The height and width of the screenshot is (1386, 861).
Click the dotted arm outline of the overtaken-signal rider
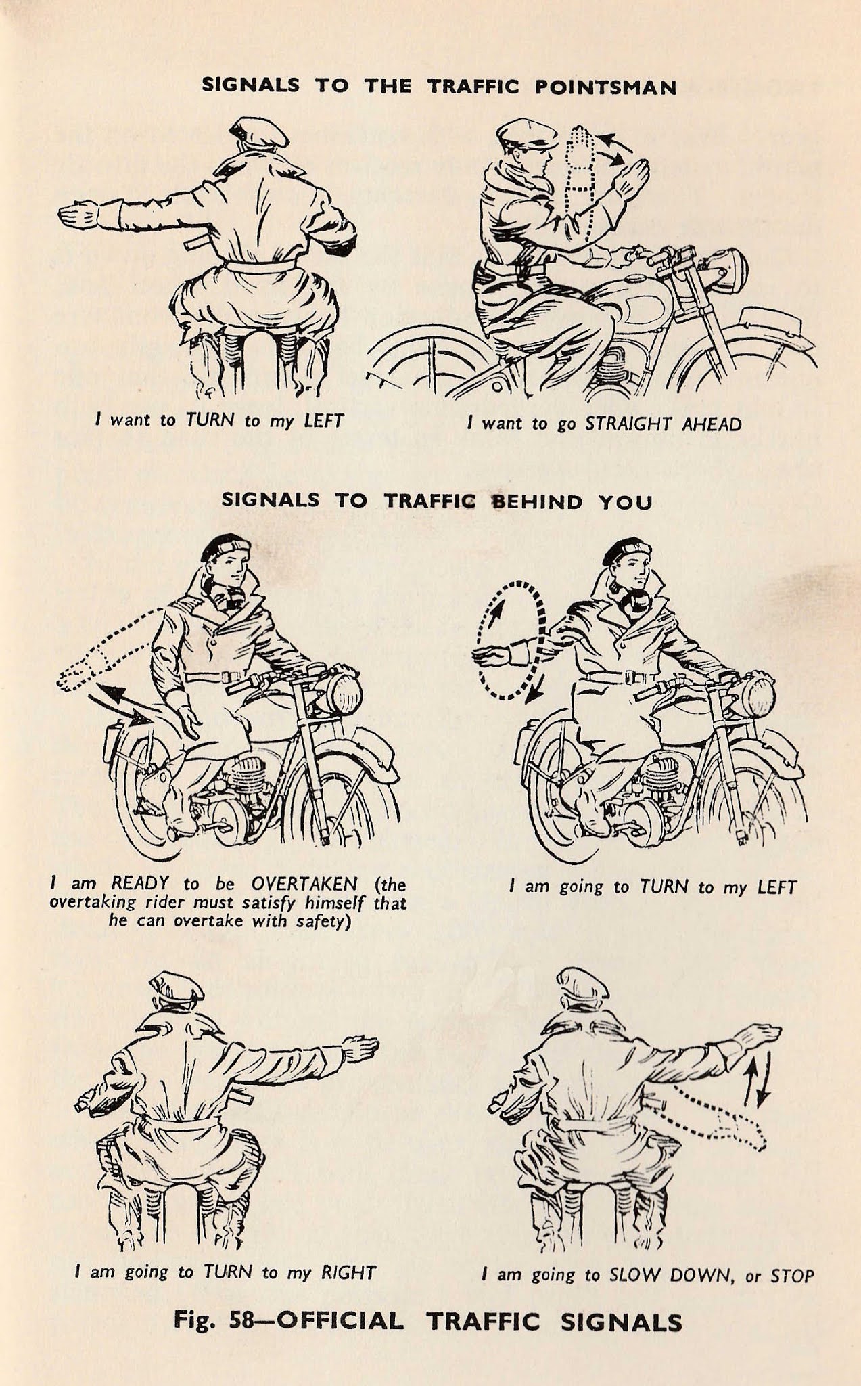pos(108,650)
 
